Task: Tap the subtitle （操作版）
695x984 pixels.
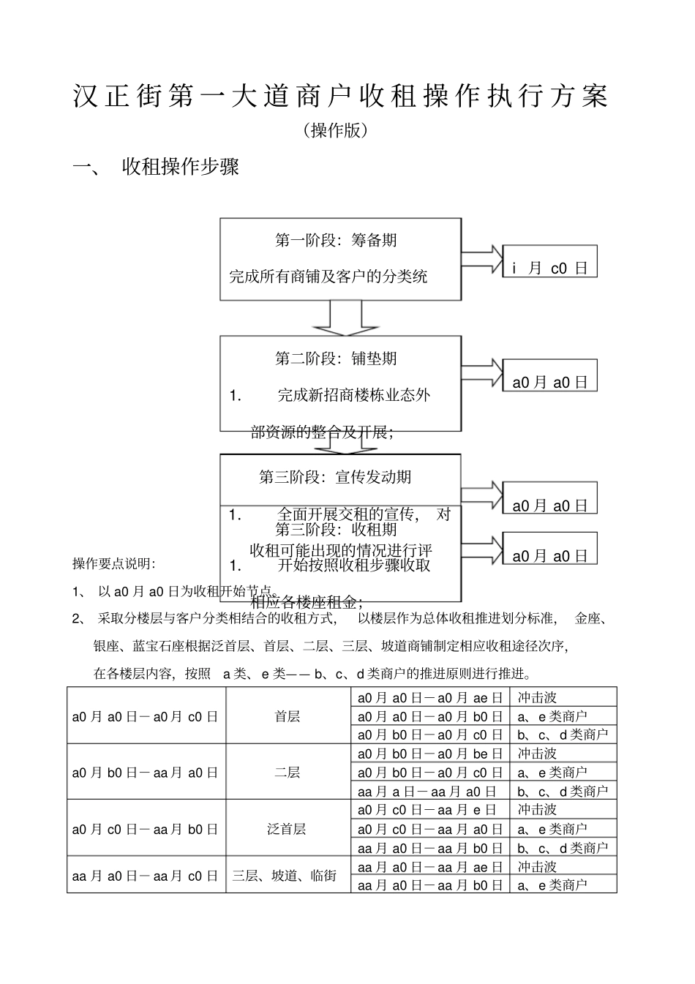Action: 334,131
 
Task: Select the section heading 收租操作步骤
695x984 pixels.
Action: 181,168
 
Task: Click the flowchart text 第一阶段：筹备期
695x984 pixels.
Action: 336,240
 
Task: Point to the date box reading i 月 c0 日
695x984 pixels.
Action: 549,268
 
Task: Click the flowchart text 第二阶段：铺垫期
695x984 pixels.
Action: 336,358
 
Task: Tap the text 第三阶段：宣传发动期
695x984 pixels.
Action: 336,477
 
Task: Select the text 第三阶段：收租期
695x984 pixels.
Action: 336,529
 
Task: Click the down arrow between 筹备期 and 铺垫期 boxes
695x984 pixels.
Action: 345,317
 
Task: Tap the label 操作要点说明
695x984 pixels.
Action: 113,563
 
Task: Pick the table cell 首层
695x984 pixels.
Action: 288,716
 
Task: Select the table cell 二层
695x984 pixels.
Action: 288,773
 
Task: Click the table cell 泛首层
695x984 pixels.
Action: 288,829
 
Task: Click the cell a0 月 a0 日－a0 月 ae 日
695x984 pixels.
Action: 429,698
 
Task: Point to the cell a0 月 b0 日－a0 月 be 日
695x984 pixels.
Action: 429,754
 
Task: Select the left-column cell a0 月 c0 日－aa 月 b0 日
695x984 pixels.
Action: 145,829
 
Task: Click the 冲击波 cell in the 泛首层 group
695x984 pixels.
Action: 538,810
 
